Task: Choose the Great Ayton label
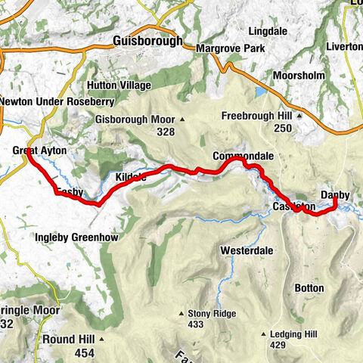pyautogui.click(x=39, y=151)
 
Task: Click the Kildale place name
pyautogui.click(x=132, y=177)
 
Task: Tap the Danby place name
pyautogui.click(x=335, y=195)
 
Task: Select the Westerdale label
pyautogui.click(x=246, y=250)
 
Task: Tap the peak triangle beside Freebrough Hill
pyautogui.click(x=299, y=116)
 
